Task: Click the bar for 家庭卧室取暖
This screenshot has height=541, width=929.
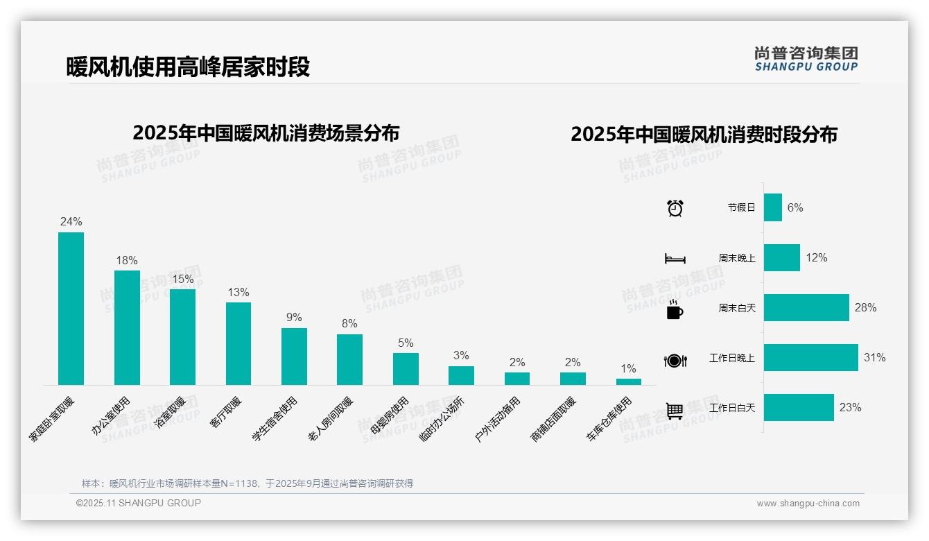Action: pos(71,309)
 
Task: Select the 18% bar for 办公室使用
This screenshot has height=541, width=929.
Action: pos(127,327)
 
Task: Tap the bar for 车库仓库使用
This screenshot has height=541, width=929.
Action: pos(628,381)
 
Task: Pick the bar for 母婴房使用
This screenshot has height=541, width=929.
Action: pos(406,369)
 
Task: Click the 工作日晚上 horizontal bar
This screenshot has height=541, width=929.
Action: pos(810,358)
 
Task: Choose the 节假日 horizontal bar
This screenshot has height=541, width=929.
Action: pos(773,207)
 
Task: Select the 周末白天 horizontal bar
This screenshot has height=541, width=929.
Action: pos(806,308)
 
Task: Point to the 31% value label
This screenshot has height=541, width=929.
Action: pos(874,358)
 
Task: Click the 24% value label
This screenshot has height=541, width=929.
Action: pos(71,222)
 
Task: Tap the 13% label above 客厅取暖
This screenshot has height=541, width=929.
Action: pos(238,293)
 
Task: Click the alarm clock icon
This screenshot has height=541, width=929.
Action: pos(675,208)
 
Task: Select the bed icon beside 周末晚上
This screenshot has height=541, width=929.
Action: pos(675,259)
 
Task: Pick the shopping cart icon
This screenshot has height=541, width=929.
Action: pos(675,411)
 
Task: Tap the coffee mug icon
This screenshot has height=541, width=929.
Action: pos(674,309)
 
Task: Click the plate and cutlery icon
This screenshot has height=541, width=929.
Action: pos(675,360)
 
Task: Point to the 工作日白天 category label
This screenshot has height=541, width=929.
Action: pos(732,408)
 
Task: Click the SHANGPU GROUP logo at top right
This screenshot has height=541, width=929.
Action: pos(806,59)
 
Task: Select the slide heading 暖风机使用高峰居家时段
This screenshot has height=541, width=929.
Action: pos(188,67)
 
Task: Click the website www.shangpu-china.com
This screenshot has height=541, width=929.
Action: pos(808,504)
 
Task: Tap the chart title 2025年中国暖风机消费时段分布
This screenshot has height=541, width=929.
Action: pos(704,134)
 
